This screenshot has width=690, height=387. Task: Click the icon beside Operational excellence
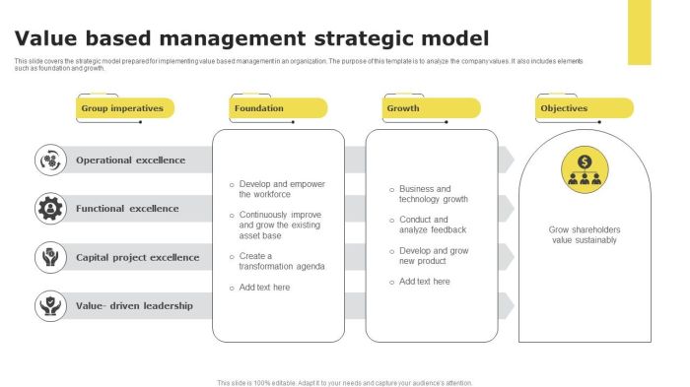(50, 160)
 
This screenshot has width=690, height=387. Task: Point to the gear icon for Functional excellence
(50, 208)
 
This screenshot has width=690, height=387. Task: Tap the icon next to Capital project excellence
(50, 257)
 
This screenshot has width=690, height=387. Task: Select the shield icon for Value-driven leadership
(50, 305)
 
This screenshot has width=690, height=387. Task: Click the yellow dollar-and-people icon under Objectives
(585, 170)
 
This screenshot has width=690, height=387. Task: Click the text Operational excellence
(130, 160)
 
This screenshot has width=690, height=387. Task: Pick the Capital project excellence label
(137, 257)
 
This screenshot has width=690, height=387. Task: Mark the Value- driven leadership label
(134, 306)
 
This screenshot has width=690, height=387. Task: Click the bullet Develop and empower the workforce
(281, 189)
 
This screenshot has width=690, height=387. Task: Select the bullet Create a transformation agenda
(281, 260)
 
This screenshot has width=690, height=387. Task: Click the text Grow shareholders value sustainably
(585, 234)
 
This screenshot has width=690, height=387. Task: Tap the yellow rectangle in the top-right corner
(639, 32)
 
